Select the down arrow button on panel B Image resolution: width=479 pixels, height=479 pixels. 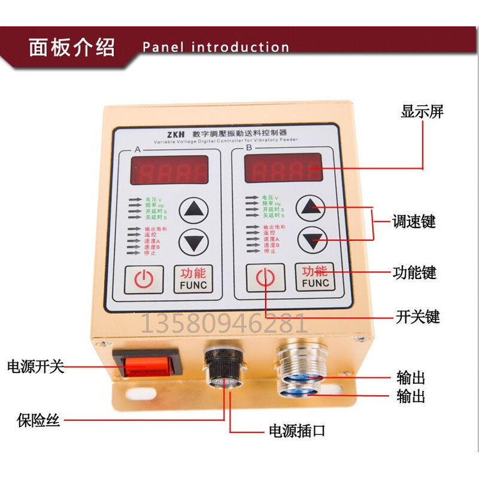click(x=312, y=240)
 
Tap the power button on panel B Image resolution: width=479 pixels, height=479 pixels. click(x=266, y=278)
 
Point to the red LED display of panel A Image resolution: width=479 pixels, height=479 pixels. click(x=169, y=170)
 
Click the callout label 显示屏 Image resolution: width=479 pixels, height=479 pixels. click(x=422, y=112)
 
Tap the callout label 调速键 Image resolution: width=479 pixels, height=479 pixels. click(x=413, y=222)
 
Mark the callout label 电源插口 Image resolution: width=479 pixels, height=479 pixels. click(x=296, y=431)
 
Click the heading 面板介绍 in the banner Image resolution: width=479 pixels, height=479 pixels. click(x=72, y=47)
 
